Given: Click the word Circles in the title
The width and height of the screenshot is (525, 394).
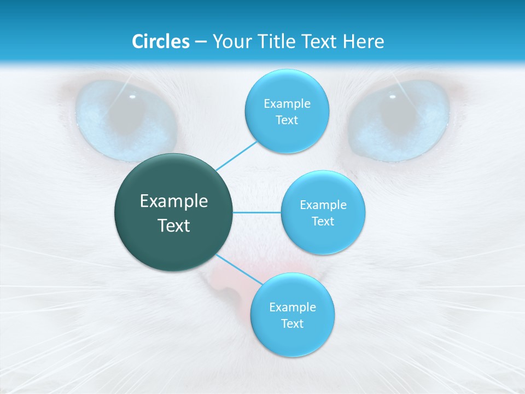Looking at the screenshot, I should (x=161, y=42).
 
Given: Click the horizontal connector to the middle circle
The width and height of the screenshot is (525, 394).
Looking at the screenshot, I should (x=257, y=212).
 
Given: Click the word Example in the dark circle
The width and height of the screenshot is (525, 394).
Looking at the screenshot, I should (x=174, y=201).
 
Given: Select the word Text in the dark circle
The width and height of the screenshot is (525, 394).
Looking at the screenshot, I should (x=174, y=225).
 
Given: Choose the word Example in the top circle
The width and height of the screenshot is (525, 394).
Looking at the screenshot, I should (x=287, y=104).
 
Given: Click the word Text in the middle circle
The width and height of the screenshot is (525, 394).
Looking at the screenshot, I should (x=323, y=222).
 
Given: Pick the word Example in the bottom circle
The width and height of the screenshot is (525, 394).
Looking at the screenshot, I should (x=293, y=308).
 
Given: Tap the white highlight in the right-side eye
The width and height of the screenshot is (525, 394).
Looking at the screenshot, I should (x=392, y=97).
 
